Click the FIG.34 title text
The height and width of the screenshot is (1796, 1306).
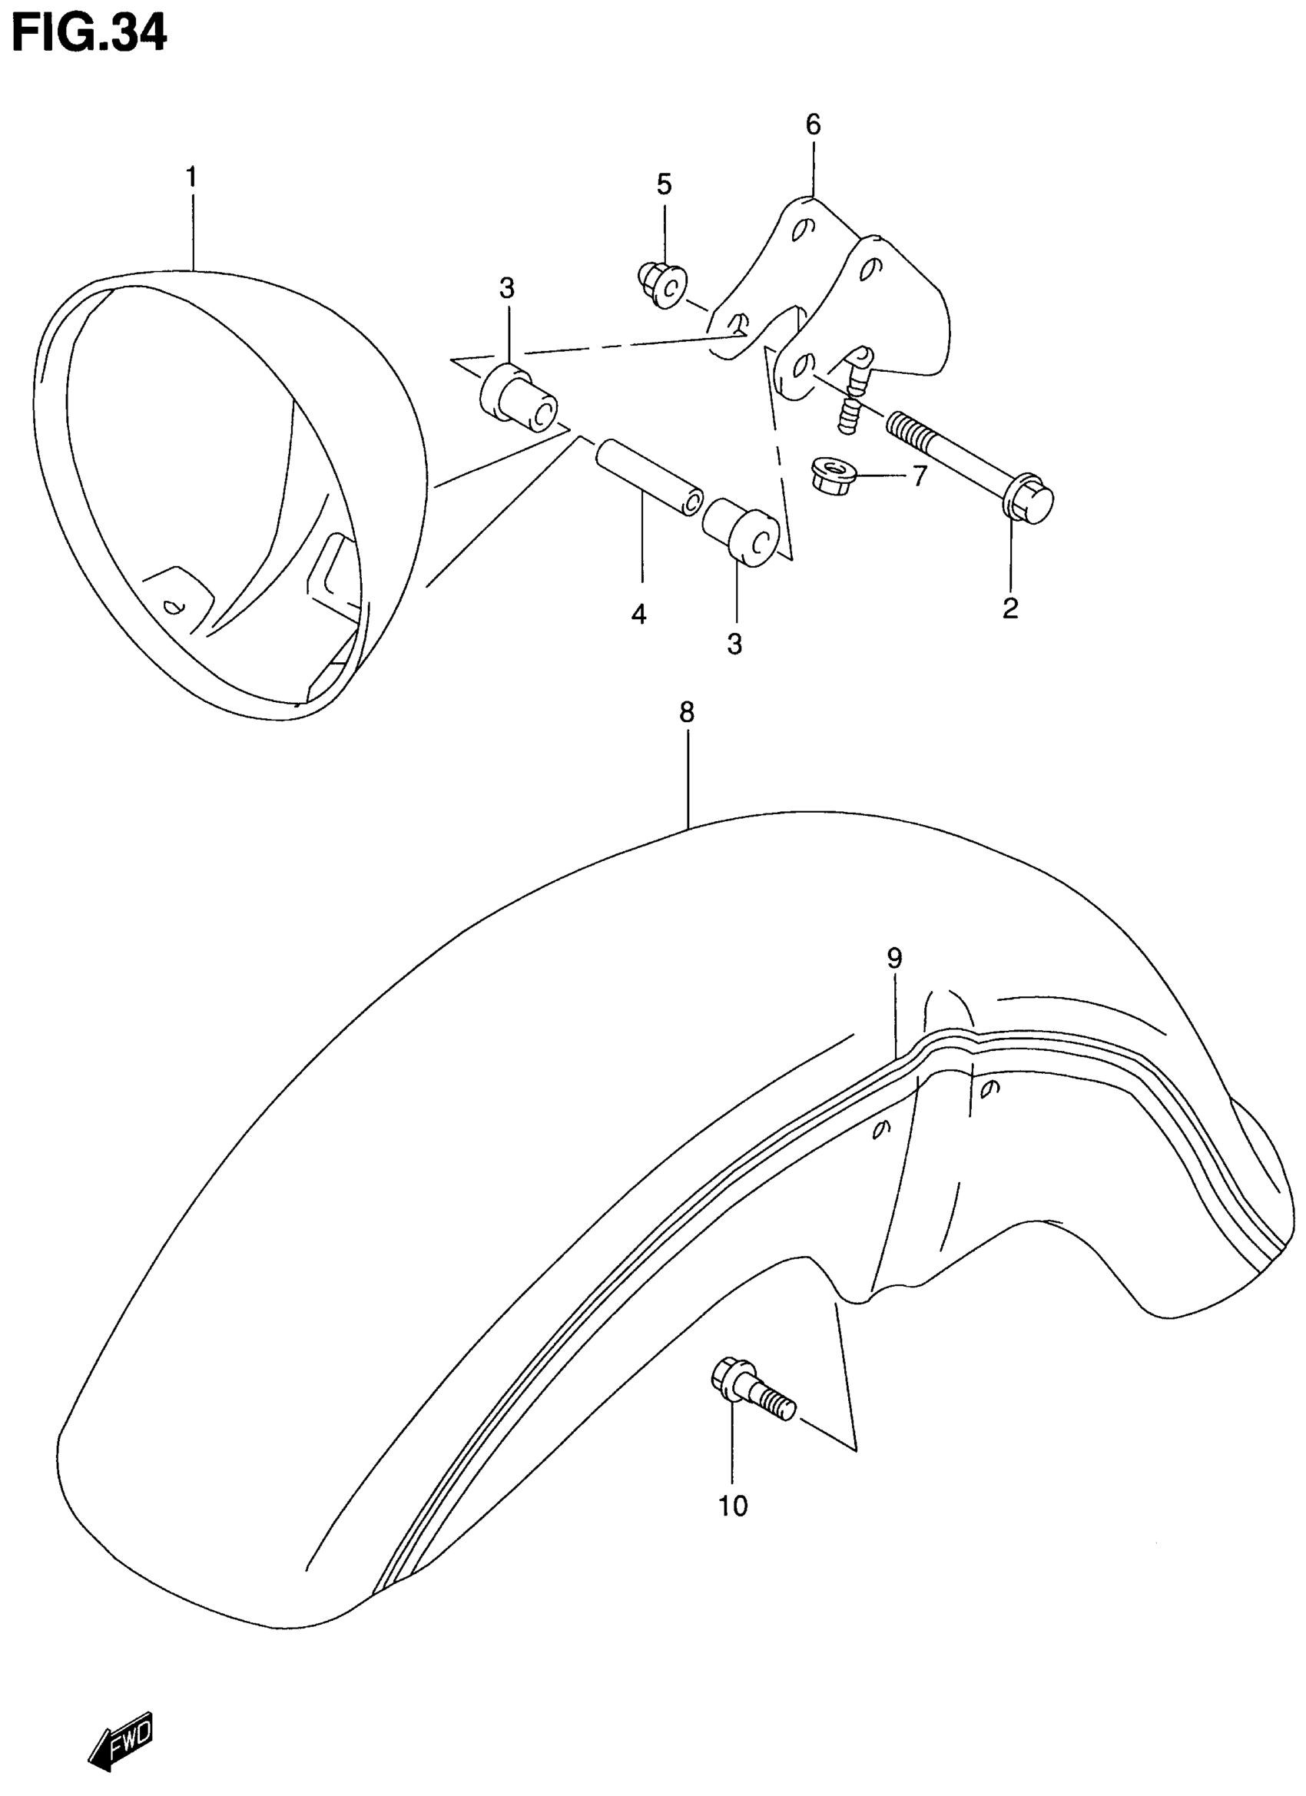click(x=88, y=33)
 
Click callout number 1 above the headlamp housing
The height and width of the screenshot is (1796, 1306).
click(x=191, y=177)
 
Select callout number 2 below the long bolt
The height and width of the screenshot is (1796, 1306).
click(x=1009, y=608)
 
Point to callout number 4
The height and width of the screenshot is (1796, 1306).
click(x=639, y=614)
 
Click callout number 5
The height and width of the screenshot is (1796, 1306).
click(x=664, y=184)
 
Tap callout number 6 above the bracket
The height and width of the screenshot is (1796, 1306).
click(x=814, y=124)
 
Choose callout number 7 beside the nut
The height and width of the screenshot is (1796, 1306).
click(x=919, y=476)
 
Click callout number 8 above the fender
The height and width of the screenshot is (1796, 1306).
click(x=687, y=712)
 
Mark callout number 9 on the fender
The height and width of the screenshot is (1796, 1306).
click(x=894, y=959)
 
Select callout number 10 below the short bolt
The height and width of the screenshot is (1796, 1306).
click(x=733, y=1506)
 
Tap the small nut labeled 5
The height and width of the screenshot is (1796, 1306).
click(x=661, y=283)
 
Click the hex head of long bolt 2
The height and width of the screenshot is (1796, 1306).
click(x=1029, y=499)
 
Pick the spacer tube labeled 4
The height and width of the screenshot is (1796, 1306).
click(x=649, y=478)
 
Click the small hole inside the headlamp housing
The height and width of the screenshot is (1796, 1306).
click(x=172, y=608)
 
